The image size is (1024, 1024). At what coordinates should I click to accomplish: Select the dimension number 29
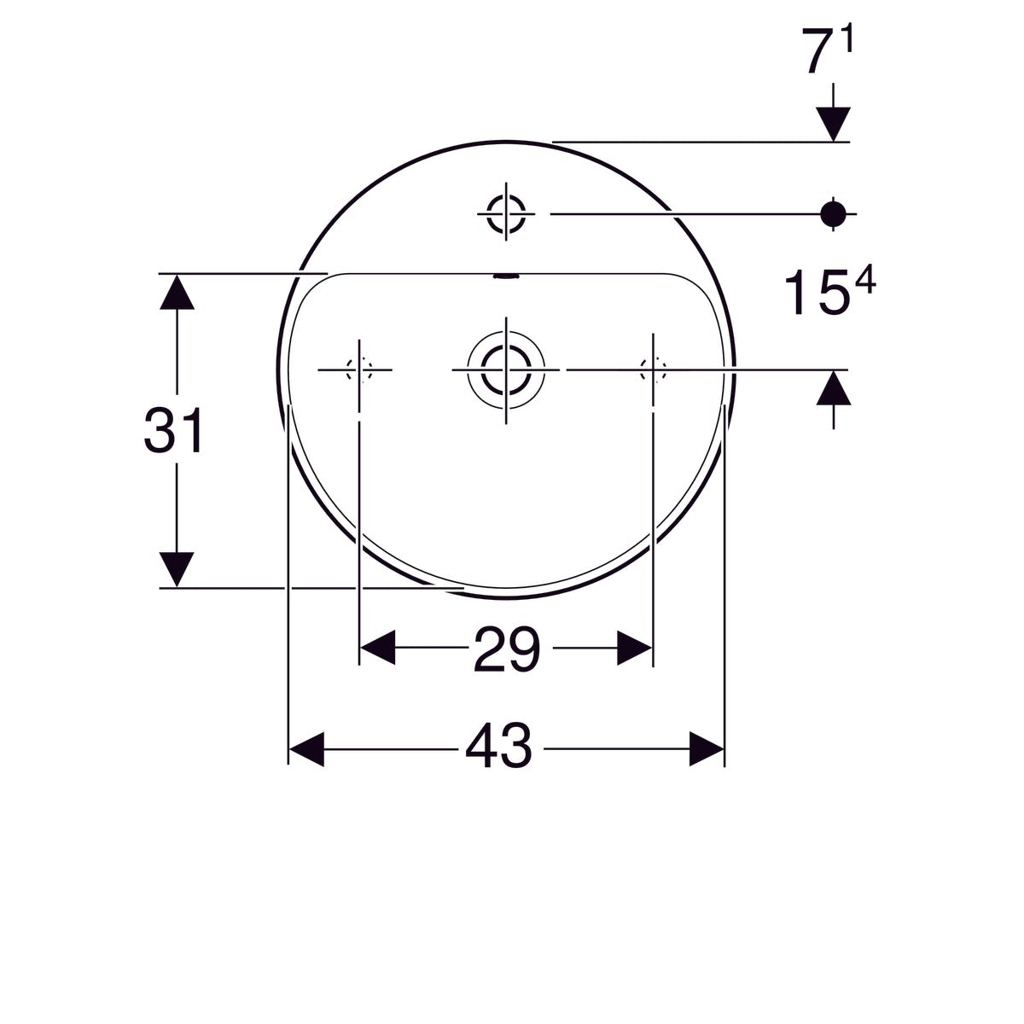[506, 649]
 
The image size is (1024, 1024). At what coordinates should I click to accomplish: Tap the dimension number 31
[174, 430]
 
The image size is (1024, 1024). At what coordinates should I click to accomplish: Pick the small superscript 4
[864, 280]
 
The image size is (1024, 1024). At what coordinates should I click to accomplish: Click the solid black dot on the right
[833, 213]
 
